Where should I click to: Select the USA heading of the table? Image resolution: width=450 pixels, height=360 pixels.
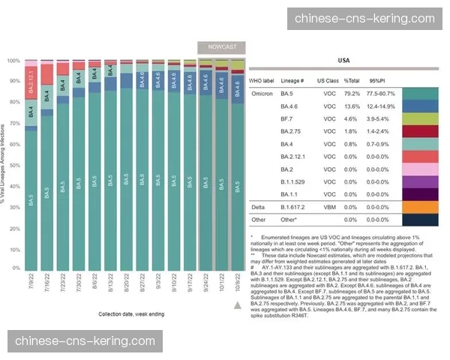(x=343, y=60)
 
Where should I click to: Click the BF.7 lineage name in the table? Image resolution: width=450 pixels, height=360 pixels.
(x=286, y=119)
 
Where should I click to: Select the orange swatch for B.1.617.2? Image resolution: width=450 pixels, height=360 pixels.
(x=420, y=207)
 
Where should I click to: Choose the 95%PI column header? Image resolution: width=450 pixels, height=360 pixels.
(x=377, y=80)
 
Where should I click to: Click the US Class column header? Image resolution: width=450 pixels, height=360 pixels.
(x=326, y=80)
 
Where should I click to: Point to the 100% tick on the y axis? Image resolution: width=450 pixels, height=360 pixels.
(x=13, y=61)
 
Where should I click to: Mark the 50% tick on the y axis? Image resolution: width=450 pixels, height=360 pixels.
(x=13, y=164)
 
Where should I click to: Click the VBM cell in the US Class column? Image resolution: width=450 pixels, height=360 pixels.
(x=326, y=207)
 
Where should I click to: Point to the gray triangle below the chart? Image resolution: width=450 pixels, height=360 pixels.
(x=238, y=304)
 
